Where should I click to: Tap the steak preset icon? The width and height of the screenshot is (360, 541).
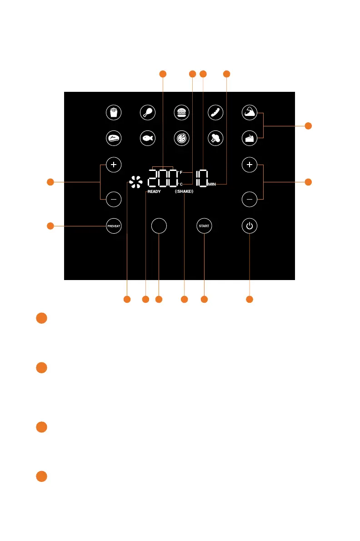point(113,138)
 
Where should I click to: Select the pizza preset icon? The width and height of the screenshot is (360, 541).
point(182,138)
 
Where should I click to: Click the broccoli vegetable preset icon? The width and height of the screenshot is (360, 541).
point(215,138)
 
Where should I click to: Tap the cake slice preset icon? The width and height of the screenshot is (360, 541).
point(249,138)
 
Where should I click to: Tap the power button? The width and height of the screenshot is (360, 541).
point(249,225)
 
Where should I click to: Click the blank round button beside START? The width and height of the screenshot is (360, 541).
point(159,225)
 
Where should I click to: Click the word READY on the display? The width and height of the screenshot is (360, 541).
point(153,192)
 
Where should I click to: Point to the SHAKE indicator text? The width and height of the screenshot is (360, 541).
point(184,192)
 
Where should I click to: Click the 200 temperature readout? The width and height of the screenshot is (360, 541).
point(162,177)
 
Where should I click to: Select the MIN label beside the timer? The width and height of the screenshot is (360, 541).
point(212,184)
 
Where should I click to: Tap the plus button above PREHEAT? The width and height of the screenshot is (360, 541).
point(113,165)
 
